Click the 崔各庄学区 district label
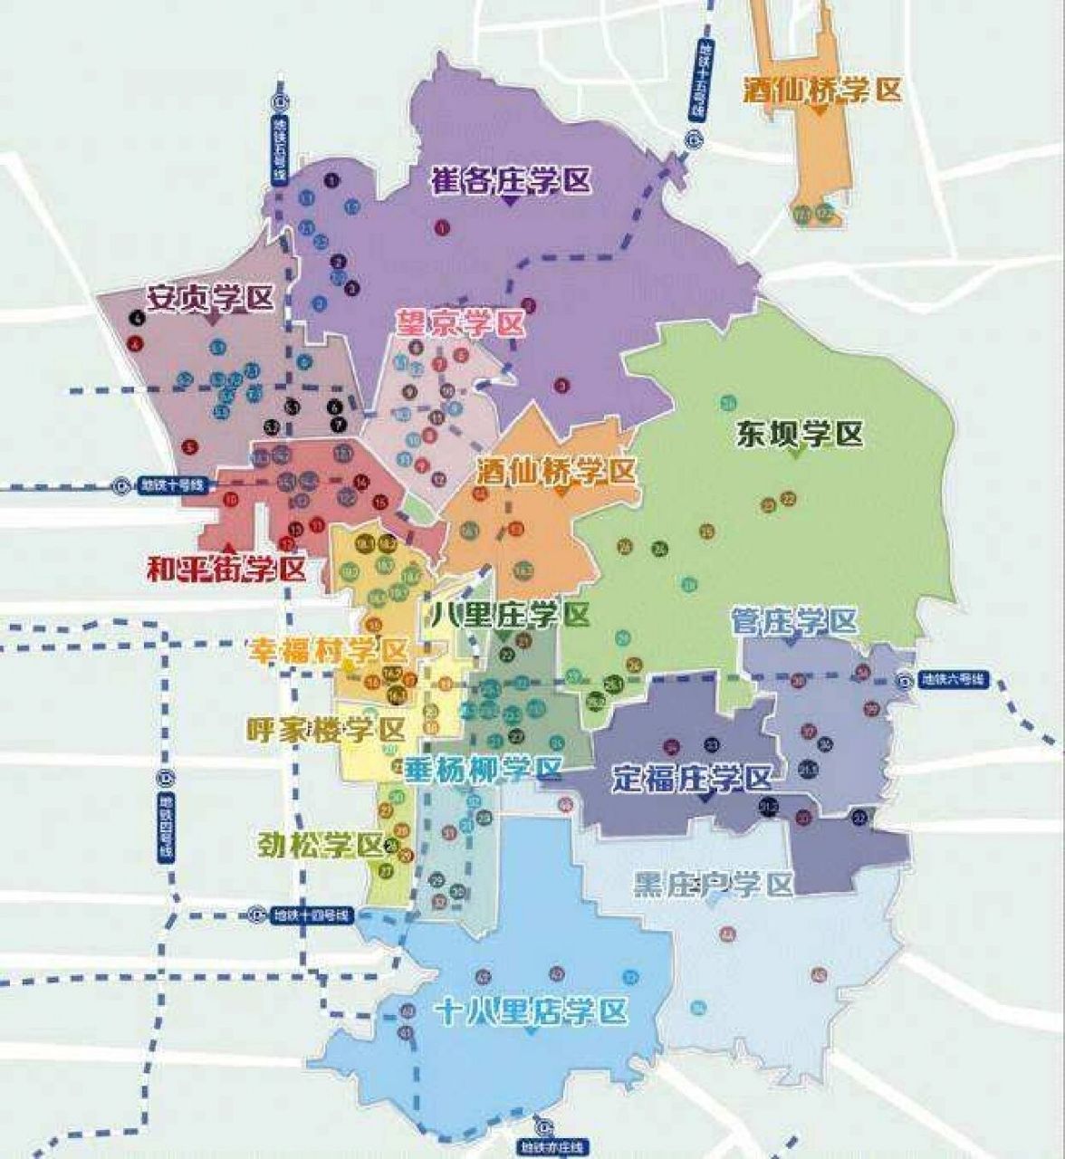pyautogui.click(x=511, y=180)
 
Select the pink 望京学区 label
pyautogui.click(x=460, y=323)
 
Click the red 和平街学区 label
pyautogui.click(x=226, y=569)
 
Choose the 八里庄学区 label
pyautogui.click(x=511, y=615)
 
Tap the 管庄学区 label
pyautogui.click(x=793, y=621)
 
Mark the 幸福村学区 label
pyautogui.click(x=328, y=651)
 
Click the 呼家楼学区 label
pyautogui.click(x=325, y=730)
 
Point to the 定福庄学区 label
pyautogui.click(x=692, y=778)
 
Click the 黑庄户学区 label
pyautogui.click(x=713, y=884)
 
